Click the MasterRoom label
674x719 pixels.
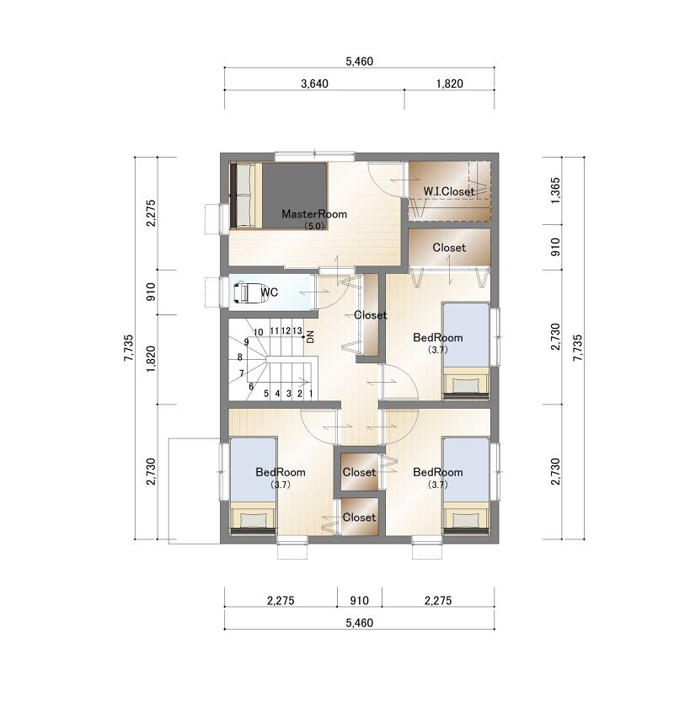tap(314, 214)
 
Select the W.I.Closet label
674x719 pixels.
tap(448, 191)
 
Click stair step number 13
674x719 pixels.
tap(297, 330)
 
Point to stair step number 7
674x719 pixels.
tap(242, 373)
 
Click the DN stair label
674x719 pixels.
tap(310, 337)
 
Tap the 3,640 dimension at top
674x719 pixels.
tap(314, 83)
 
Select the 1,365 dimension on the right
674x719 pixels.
tap(555, 190)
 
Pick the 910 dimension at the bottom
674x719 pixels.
tap(359, 600)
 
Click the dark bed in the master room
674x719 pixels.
tap(279, 196)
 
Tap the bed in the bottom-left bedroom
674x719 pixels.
tap(253, 486)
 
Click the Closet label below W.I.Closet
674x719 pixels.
tap(449, 248)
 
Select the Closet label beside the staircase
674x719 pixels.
tap(370, 315)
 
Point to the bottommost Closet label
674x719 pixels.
tap(359, 518)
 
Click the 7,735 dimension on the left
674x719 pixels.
tap(128, 348)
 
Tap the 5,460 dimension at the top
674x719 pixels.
tap(359, 61)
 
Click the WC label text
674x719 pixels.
tap(270, 292)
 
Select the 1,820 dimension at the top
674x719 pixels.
tap(450, 83)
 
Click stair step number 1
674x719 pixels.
tap(311, 394)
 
